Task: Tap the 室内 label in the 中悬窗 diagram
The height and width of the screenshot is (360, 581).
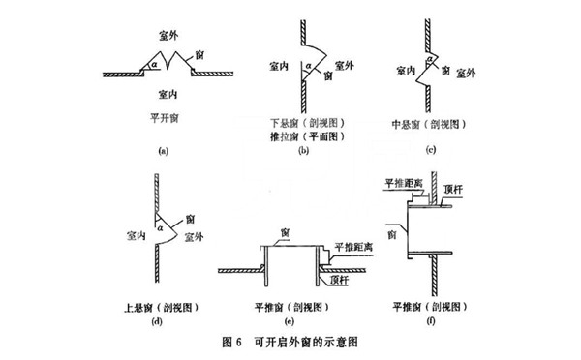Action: (x=409, y=70)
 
